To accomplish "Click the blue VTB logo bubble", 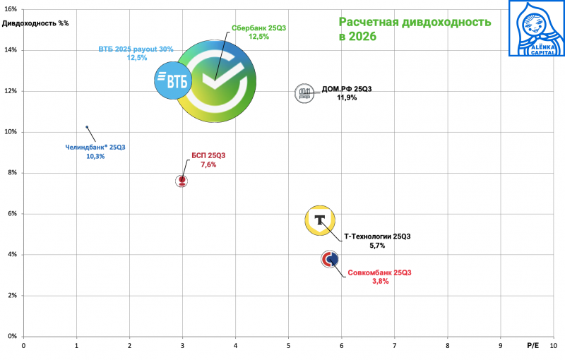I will point(174,81).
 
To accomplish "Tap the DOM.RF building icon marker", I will point(304,93).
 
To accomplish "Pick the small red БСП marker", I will point(182,181).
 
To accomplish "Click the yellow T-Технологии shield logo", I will point(320,220).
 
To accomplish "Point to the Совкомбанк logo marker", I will point(329,260).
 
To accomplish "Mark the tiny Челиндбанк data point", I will point(87,127).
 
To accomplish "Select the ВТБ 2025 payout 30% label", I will point(136,49).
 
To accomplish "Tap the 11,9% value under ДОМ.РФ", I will point(346,98).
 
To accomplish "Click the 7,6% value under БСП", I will point(208,164).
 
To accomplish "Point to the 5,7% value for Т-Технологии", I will point(377,246).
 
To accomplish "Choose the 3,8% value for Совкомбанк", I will point(380,281).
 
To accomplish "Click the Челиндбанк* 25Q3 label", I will point(95,147).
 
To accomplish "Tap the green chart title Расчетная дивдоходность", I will point(415,22).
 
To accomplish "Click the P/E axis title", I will point(533,346).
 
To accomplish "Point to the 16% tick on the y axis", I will point(12,9).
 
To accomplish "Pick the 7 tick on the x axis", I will point(394,346).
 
